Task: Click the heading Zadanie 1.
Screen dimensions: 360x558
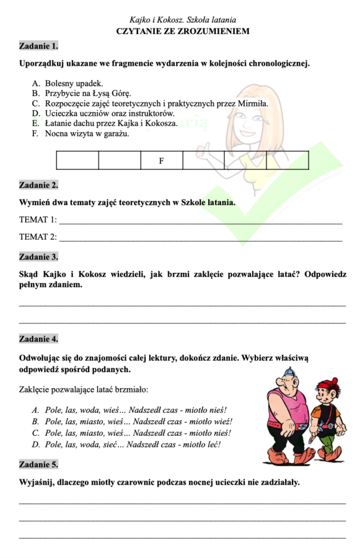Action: [39, 46]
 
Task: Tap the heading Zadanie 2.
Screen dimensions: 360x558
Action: [39, 185]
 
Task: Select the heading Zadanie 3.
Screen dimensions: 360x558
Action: [39, 256]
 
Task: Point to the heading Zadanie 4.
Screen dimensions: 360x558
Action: [39, 339]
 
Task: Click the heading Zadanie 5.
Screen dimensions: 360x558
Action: [39, 464]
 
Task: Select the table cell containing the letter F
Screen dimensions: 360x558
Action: [161, 161]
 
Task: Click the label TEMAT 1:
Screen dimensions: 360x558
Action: [38, 219]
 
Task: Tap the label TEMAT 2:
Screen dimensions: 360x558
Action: [38, 237]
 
